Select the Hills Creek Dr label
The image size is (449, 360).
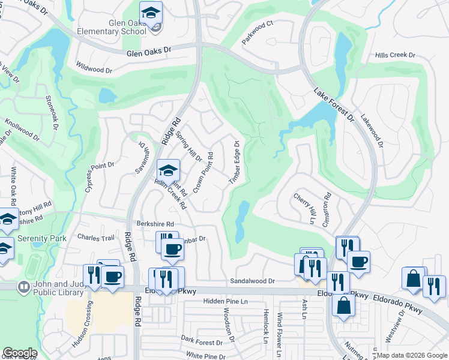[x=395, y=55]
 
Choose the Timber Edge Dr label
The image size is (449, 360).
[x=234, y=163]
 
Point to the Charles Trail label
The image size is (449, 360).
[x=95, y=238]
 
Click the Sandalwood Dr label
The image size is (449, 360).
[x=252, y=281]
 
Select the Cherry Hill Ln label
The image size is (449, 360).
[x=304, y=208]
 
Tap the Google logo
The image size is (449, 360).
[x=20, y=353]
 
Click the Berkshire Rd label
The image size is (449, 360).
[x=155, y=223]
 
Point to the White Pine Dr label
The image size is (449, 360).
[x=205, y=356]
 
